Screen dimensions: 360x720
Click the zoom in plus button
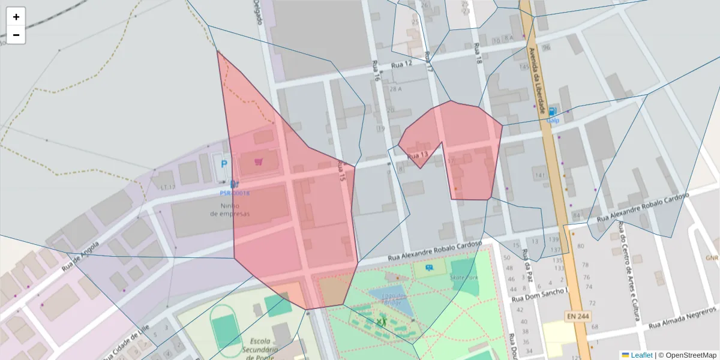tap(16, 17)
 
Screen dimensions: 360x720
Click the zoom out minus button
tap(16, 35)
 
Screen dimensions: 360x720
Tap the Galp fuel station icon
tap(553, 112)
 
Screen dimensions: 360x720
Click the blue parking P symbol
tap(224, 164)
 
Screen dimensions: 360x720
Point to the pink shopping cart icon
tap(259, 161)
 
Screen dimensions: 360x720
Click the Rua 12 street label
tap(401, 64)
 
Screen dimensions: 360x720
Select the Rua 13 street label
tap(418, 156)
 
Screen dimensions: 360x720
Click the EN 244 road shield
tap(576, 316)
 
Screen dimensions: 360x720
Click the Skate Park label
tap(464, 278)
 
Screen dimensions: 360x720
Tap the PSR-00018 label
tap(235, 193)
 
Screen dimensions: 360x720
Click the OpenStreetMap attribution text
tap(688, 355)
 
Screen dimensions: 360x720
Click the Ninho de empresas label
tap(230, 209)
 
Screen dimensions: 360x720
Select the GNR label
tap(712, 258)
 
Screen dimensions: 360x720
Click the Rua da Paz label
tap(528, 259)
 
